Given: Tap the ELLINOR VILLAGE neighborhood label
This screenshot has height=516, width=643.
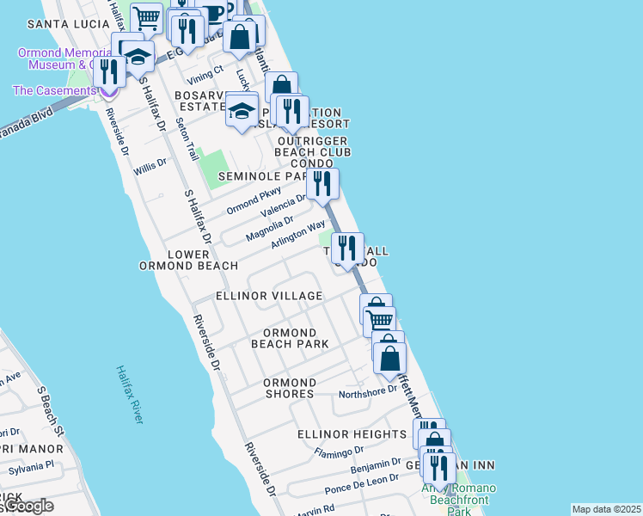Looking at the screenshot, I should coord(269,296).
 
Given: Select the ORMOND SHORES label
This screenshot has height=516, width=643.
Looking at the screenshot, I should coord(290,388).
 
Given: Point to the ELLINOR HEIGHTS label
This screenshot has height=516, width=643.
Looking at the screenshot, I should coord(352,435).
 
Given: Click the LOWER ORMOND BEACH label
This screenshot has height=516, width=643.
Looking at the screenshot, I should coord(188,260).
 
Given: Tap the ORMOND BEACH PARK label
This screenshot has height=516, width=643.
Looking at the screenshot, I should coord(290,338).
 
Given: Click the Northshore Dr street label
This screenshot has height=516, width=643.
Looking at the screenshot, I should coord(368,389).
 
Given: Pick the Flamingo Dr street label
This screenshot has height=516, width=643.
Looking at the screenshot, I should coord(340,452).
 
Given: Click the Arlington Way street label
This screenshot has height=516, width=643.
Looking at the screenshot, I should coord(298,235).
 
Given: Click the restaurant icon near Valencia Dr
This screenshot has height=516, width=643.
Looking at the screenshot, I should coord(322,183).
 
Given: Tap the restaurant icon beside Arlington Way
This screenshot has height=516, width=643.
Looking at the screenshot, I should coord(347,249).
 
